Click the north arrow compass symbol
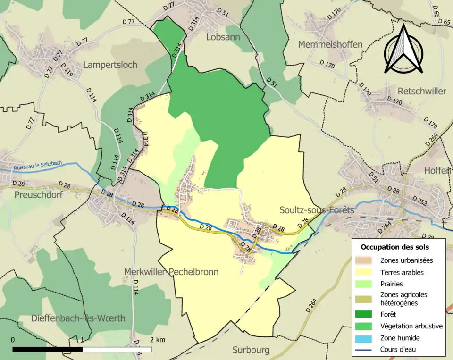click(403, 50)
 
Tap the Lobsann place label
click(223, 37)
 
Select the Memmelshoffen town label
click(330, 44)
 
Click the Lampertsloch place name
click(110, 65)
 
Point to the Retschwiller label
click(422, 91)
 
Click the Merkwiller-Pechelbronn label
click(171, 272)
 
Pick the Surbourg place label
click(251, 350)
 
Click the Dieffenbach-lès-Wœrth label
click(78, 318)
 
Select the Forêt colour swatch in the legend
click(367, 313)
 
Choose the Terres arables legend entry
click(402, 272)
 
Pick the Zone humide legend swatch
click(367, 338)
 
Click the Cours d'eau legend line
click(367, 350)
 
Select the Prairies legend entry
click(392, 284)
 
